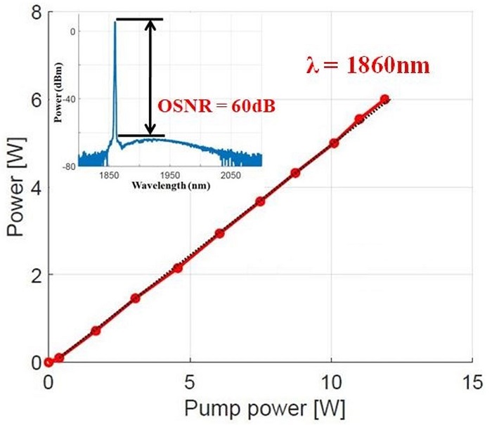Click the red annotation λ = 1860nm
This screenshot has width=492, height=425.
[x=367, y=67]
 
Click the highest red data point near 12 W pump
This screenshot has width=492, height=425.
[x=384, y=100]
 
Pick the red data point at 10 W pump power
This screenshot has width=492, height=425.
[x=334, y=143]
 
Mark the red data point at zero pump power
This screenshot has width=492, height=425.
[x=48, y=362]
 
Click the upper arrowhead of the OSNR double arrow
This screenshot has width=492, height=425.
[x=149, y=23]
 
